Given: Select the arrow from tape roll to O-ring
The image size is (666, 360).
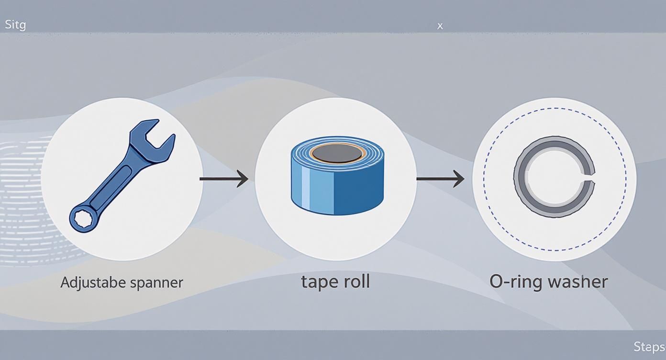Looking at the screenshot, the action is pyautogui.click(x=440, y=179).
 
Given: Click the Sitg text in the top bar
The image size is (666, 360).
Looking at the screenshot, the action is pyautogui.click(x=15, y=25).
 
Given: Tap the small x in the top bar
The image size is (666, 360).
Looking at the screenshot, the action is pyautogui.click(x=440, y=26).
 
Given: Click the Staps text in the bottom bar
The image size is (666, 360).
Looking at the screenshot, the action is pyautogui.click(x=649, y=347).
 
